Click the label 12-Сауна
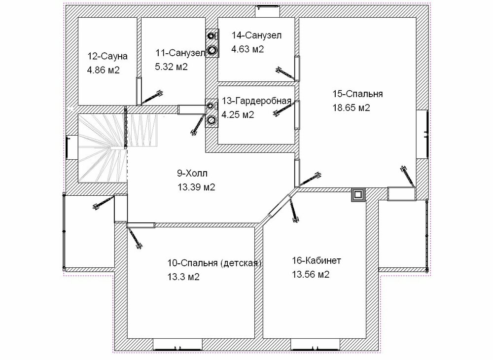coord(107,56)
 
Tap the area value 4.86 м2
coord(103,70)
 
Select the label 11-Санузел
coord(180,53)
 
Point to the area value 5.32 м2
coord(172,67)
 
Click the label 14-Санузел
coord(256,35)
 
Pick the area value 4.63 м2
coord(247,49)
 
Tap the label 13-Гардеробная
coord(256,101)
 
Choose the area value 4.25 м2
coord(238,115)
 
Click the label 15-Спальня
coord(357,94)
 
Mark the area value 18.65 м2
coord(351,108)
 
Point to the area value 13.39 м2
coord(196,187)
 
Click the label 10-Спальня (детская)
coord(214,263)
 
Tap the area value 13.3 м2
coord(183,277)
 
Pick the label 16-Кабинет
coord(317,261)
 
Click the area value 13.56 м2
coord(311,275)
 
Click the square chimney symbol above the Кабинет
coord(358,195)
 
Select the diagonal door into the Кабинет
coord(280,205)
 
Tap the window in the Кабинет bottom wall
coord(316,344)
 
